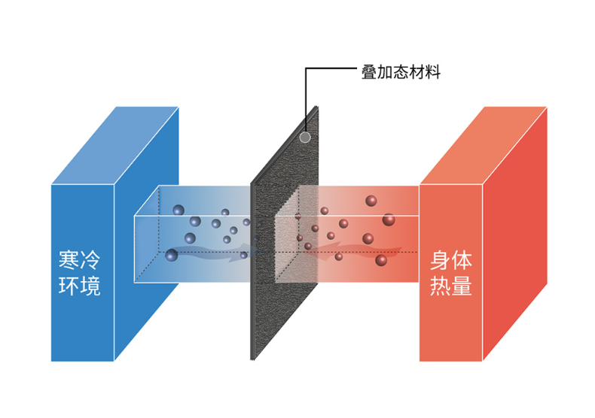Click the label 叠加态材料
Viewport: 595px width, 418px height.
click(x=401, y=72)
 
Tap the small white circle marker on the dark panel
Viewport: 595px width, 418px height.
click(x=304, y=138)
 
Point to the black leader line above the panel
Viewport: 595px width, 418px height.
click(x=331, y=70)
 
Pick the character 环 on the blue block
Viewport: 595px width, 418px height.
click(x=69, y=286)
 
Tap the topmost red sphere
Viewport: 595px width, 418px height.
click(x=371, y=201)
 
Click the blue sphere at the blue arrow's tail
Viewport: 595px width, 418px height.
click(x=172, y=255)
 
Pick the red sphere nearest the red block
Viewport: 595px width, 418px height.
click(x=389, y=220)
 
